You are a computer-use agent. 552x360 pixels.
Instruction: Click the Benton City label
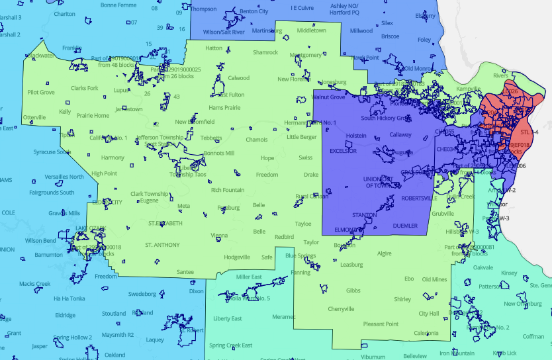pyautogui.click(x=254, y=11)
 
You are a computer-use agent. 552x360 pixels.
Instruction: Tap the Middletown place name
pyautogui.click(x=311, y=30)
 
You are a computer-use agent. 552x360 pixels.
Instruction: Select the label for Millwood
pyautogui.click(x=361, y=30)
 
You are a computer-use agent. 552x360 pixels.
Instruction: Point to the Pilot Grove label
pyautogui.click(x=41, y=92)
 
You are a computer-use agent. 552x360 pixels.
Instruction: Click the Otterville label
pyautogui.click(x=34, y=117)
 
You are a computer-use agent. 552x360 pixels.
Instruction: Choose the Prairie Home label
pyautogui.click(x=93, y=115)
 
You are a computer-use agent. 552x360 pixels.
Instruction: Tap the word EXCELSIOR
pyautogui.click(x=344, y=151)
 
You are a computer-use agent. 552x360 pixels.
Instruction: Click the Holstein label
pyautogui.click(x=356, y=135)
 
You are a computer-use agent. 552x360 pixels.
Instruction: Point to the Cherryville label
pyautogui.click(x=342, y=309)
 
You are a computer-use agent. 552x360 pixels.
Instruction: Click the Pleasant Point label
pyautogui.click(x=381, y=324)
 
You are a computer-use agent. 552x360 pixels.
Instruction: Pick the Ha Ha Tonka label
pyautogui.click(x=70, y=298)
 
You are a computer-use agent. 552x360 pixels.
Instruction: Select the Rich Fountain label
pyautogui.click(x=228, y=190)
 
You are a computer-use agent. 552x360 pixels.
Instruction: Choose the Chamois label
pyautogui.click(x=256, y=140)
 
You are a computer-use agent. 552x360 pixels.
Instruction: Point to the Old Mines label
pyautogui.click(x=435, y=279)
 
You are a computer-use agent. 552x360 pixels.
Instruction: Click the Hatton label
pyautogui.click(x=214, y=48)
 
